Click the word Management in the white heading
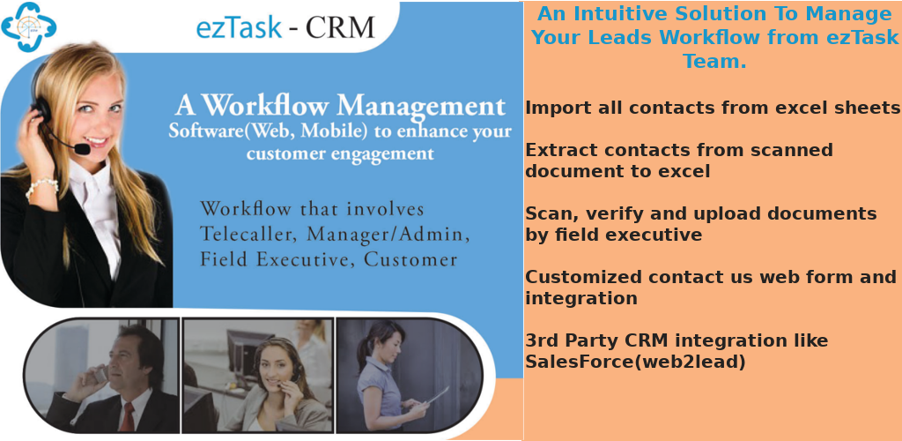tap(422, 107)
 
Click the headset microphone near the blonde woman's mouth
tap(81, 150)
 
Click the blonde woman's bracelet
tap(41, 186)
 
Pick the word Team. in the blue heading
tap(714, 62)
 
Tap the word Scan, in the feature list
tap(549, 213)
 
